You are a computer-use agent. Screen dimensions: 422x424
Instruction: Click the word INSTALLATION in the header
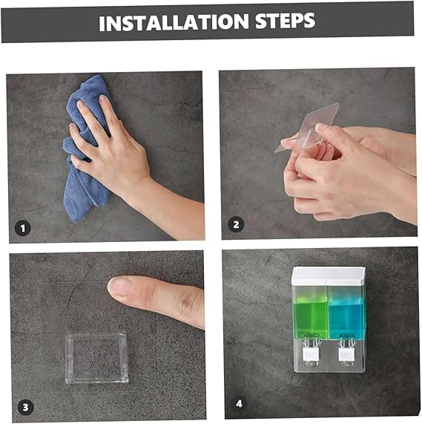coord(174,22)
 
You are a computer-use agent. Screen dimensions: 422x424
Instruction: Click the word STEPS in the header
coord(285,21)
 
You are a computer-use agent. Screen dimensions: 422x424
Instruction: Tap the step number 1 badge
coord(22,229)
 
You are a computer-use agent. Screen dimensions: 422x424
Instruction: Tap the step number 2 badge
coord(236,225)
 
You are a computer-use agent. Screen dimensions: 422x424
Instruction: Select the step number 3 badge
coord(26,407)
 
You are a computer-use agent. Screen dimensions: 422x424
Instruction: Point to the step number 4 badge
coord(240,404)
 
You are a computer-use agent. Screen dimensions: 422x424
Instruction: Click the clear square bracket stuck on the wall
coord(96,358)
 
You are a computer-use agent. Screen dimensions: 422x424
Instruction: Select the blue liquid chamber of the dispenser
coord(346,319)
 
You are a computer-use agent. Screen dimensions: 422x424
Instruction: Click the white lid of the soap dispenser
coord(329,275)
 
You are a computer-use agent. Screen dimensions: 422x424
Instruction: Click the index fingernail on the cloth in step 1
coord(81,104)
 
